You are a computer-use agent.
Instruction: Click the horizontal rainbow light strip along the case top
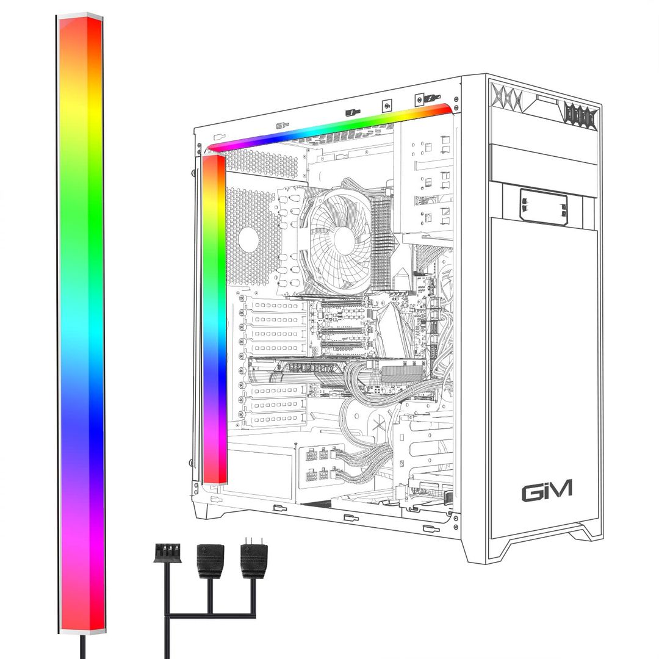pos(329,127)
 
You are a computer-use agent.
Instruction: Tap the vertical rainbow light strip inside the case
pos(214,317)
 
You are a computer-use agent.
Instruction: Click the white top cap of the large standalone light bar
pos(79,15)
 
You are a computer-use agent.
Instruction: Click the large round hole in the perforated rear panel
pos(248,240)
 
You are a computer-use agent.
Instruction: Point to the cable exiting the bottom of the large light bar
pos(83,646)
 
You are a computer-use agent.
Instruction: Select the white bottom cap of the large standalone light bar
pos(80,631)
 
